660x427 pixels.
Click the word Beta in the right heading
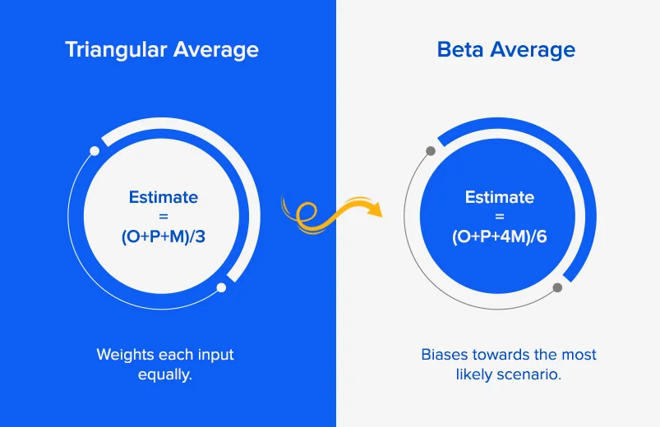click(x=460, y=49)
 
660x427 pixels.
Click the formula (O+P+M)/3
click(x=164, y=236)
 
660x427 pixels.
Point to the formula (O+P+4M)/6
click(x=499, y=236)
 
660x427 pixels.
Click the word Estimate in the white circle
click(x=164, y=197)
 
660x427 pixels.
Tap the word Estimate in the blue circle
click(x=500, y=197)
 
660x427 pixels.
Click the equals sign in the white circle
click(x=164, y=217)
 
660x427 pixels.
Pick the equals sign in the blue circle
click(x=500, y=217)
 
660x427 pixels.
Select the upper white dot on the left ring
click(x=95, y=151)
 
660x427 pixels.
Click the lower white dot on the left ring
click(x=221, y=287)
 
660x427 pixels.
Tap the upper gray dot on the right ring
click(x=431, y=151)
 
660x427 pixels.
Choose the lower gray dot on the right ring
click(x=557, y=287)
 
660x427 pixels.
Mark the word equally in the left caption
click(x=165, y=374)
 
